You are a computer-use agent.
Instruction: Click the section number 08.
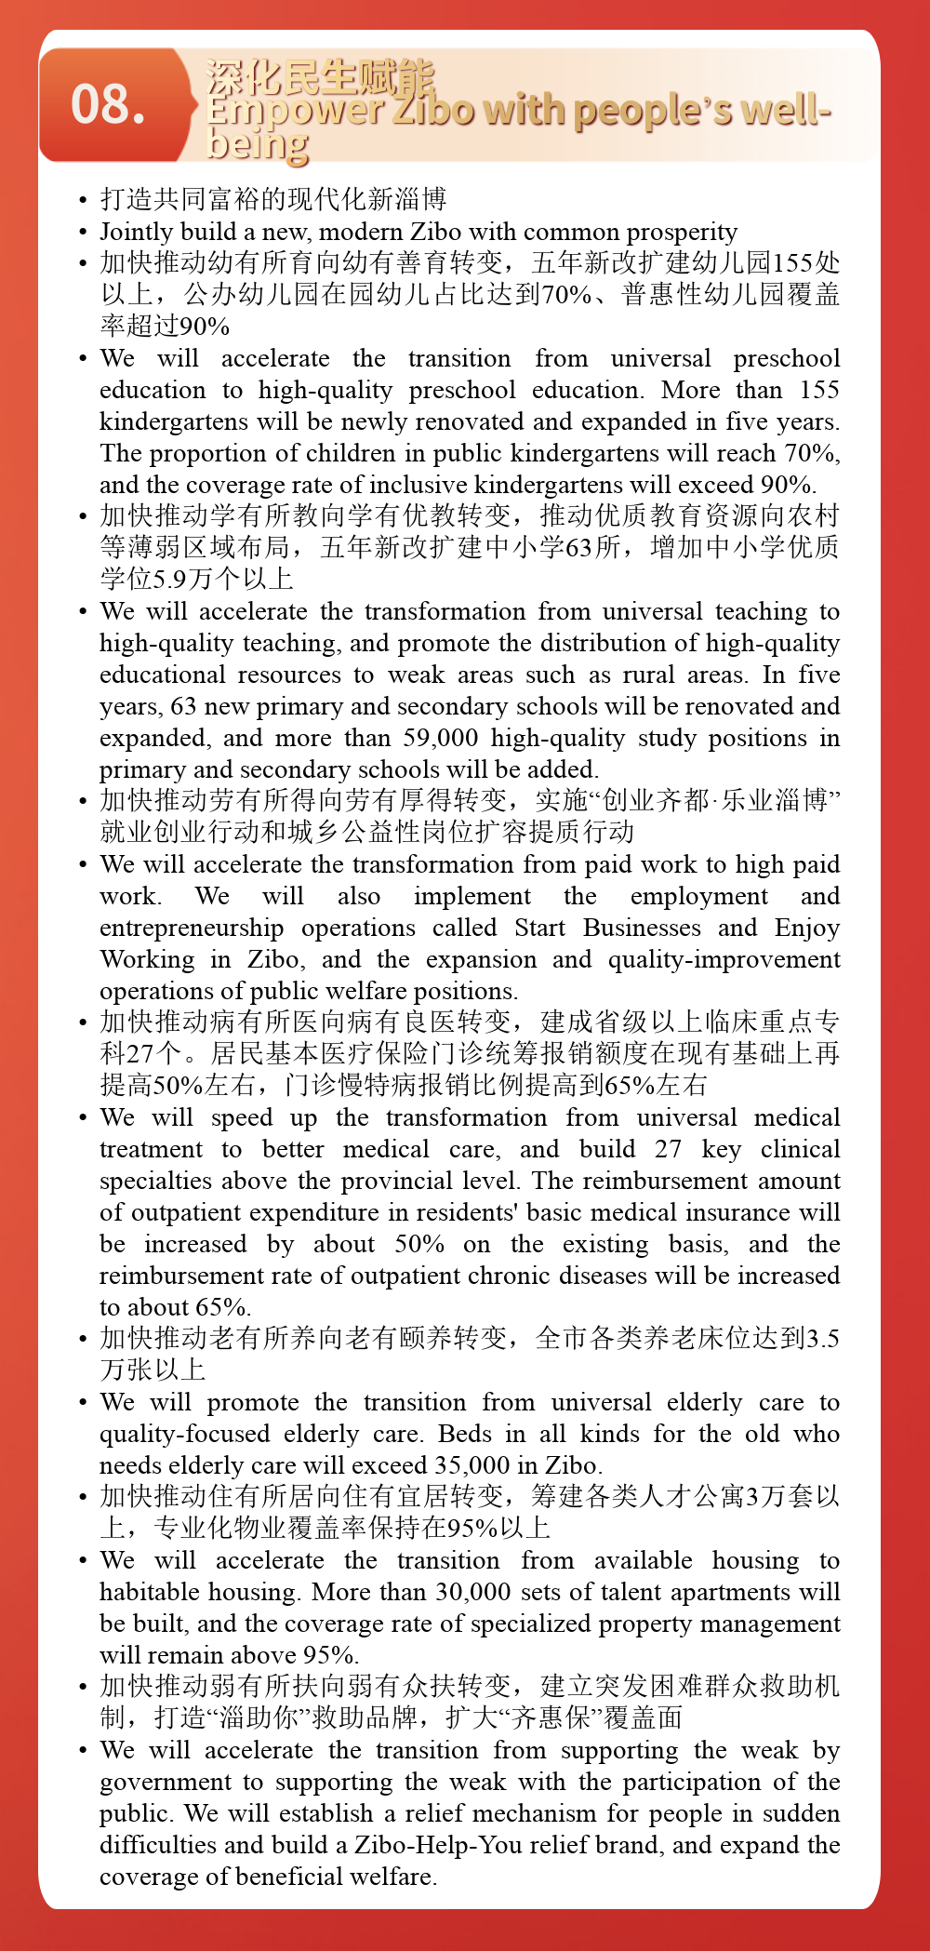coord(108,104)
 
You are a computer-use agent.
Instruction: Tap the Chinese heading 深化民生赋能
coord(319,78)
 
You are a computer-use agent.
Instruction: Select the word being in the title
coord(257,144)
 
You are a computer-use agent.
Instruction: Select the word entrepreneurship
coord(192,928)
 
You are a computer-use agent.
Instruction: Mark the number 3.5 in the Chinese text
coord(822,1339)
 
